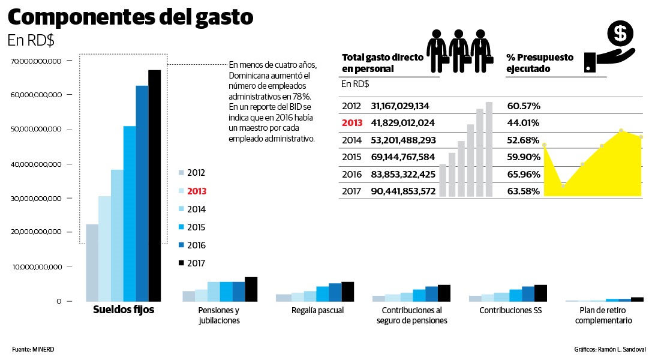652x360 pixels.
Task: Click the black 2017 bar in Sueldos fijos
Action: click(154, 186)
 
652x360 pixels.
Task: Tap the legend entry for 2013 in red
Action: click(196, 191)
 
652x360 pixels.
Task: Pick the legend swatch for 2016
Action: click(181, 245)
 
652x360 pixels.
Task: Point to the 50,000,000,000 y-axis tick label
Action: click(36, 130)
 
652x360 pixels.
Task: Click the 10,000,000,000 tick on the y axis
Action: click(36, 267)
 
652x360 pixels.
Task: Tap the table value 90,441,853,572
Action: click(402, 191)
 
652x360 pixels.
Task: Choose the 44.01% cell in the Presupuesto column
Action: click(523, 123)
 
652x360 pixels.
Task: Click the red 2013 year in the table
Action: click(352, 123)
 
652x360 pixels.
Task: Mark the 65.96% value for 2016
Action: click(523, 174)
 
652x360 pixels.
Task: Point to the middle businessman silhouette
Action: click(459, 51)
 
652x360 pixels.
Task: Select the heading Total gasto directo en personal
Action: click(382, 63)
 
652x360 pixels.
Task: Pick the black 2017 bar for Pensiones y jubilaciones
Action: click(251, 289)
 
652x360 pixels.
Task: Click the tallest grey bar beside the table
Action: click(489, 149)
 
